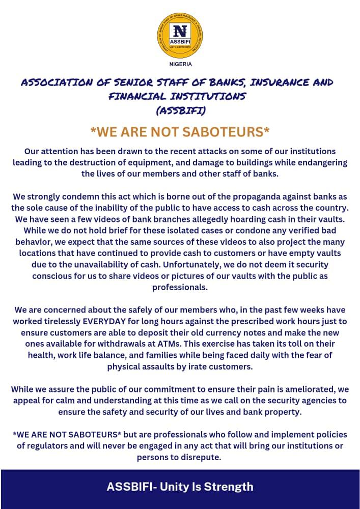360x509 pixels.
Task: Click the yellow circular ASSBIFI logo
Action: click(x=180, y=36)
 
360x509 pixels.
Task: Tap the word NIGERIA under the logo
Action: click(x=180, y=64)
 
